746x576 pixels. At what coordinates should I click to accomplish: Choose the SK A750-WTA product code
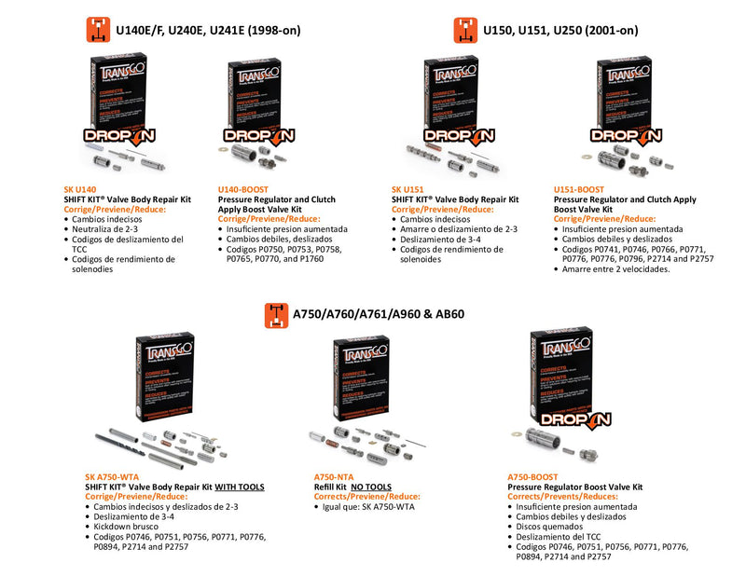[x=113, y=477]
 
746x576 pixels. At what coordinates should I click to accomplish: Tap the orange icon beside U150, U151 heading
[x=465, y=30]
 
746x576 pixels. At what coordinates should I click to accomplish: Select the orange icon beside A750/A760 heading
[x=276, y=314]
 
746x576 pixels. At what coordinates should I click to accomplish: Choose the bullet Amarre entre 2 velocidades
[x=616, y=268]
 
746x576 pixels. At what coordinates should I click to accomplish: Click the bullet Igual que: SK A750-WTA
[x=367, y=507]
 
